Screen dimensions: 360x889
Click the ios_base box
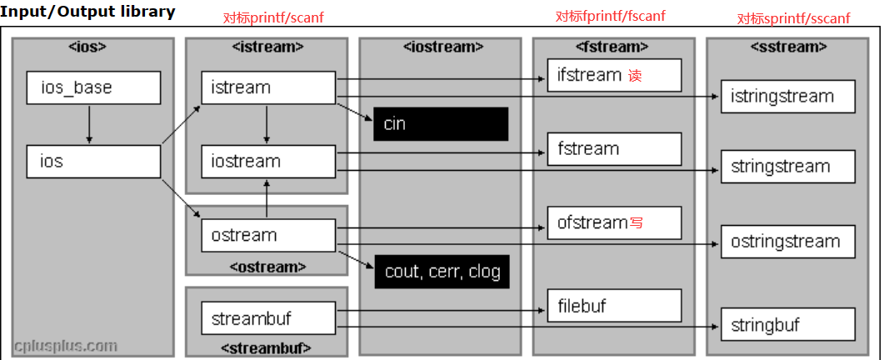(x=93, y=87)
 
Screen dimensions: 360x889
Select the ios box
(x=93, y=161)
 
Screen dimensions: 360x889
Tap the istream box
(x=267, y=87)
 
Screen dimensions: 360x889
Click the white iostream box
(x=267, y=161)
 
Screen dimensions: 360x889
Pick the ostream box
(x=267, y=235)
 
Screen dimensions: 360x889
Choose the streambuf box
(x=267, y=318)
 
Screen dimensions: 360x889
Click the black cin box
(x=440, y=124)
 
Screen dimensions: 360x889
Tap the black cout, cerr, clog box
(x=440, y=272)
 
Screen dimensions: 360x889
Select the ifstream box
(x=614, y=75)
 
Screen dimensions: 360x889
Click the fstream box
(x=614, y=149)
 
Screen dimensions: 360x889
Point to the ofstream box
(x=614, y=222)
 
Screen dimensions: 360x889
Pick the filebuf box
(x=614, y=306)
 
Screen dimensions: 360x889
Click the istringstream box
(x=787, y=97)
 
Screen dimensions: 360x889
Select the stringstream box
(x=787, y=167)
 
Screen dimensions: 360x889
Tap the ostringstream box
(x=787, y=242)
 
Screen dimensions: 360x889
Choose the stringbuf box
(x=787, y=325)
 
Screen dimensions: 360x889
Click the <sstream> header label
(x=787, y=47)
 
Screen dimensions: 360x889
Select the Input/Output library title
(x=87, y=11)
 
